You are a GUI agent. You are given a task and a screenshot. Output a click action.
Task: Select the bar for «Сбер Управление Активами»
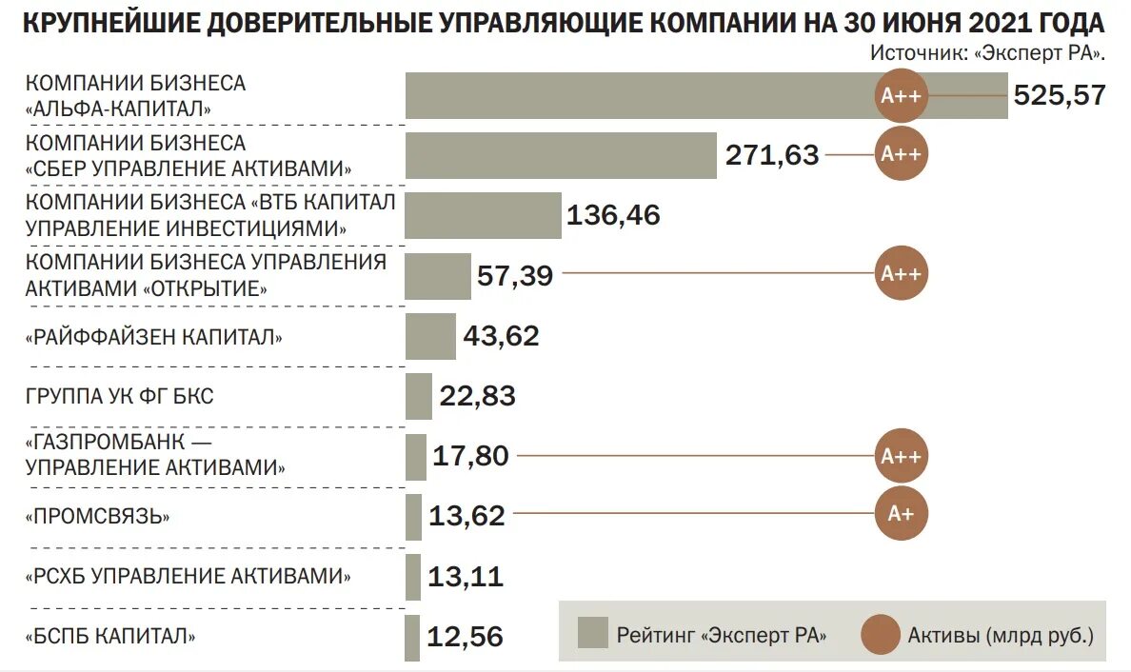tap(561, 155)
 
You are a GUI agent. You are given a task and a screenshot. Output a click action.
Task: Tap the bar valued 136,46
tap(483, 215)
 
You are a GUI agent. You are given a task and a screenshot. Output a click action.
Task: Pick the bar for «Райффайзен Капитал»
tap(430, 336)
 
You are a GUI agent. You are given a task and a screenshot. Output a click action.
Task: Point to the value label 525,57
tap(1060, 95)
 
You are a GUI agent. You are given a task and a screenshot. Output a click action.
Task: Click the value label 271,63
tap(772, 155)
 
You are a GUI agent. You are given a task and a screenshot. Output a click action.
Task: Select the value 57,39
tap(513, 275)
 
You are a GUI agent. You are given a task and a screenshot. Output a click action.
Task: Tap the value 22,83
tap(477, 396)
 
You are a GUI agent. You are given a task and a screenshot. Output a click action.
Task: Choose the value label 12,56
tap(465, 637)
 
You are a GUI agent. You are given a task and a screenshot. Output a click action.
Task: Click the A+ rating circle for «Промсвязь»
tap(901, 515)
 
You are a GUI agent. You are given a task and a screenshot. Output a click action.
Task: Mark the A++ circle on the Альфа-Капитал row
tap(901, 95)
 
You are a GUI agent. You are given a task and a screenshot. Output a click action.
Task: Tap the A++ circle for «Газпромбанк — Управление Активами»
tap(901, 456)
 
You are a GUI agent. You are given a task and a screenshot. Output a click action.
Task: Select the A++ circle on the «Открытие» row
tap(901, 275)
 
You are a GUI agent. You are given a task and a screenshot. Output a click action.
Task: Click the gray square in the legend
tap(592, 632)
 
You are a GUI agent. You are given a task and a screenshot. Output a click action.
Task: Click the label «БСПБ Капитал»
tap(111, 635)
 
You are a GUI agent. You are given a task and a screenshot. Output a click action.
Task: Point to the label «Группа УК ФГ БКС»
tap(119, 396)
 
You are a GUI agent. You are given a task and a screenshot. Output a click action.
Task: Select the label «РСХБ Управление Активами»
tap(188, 575)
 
